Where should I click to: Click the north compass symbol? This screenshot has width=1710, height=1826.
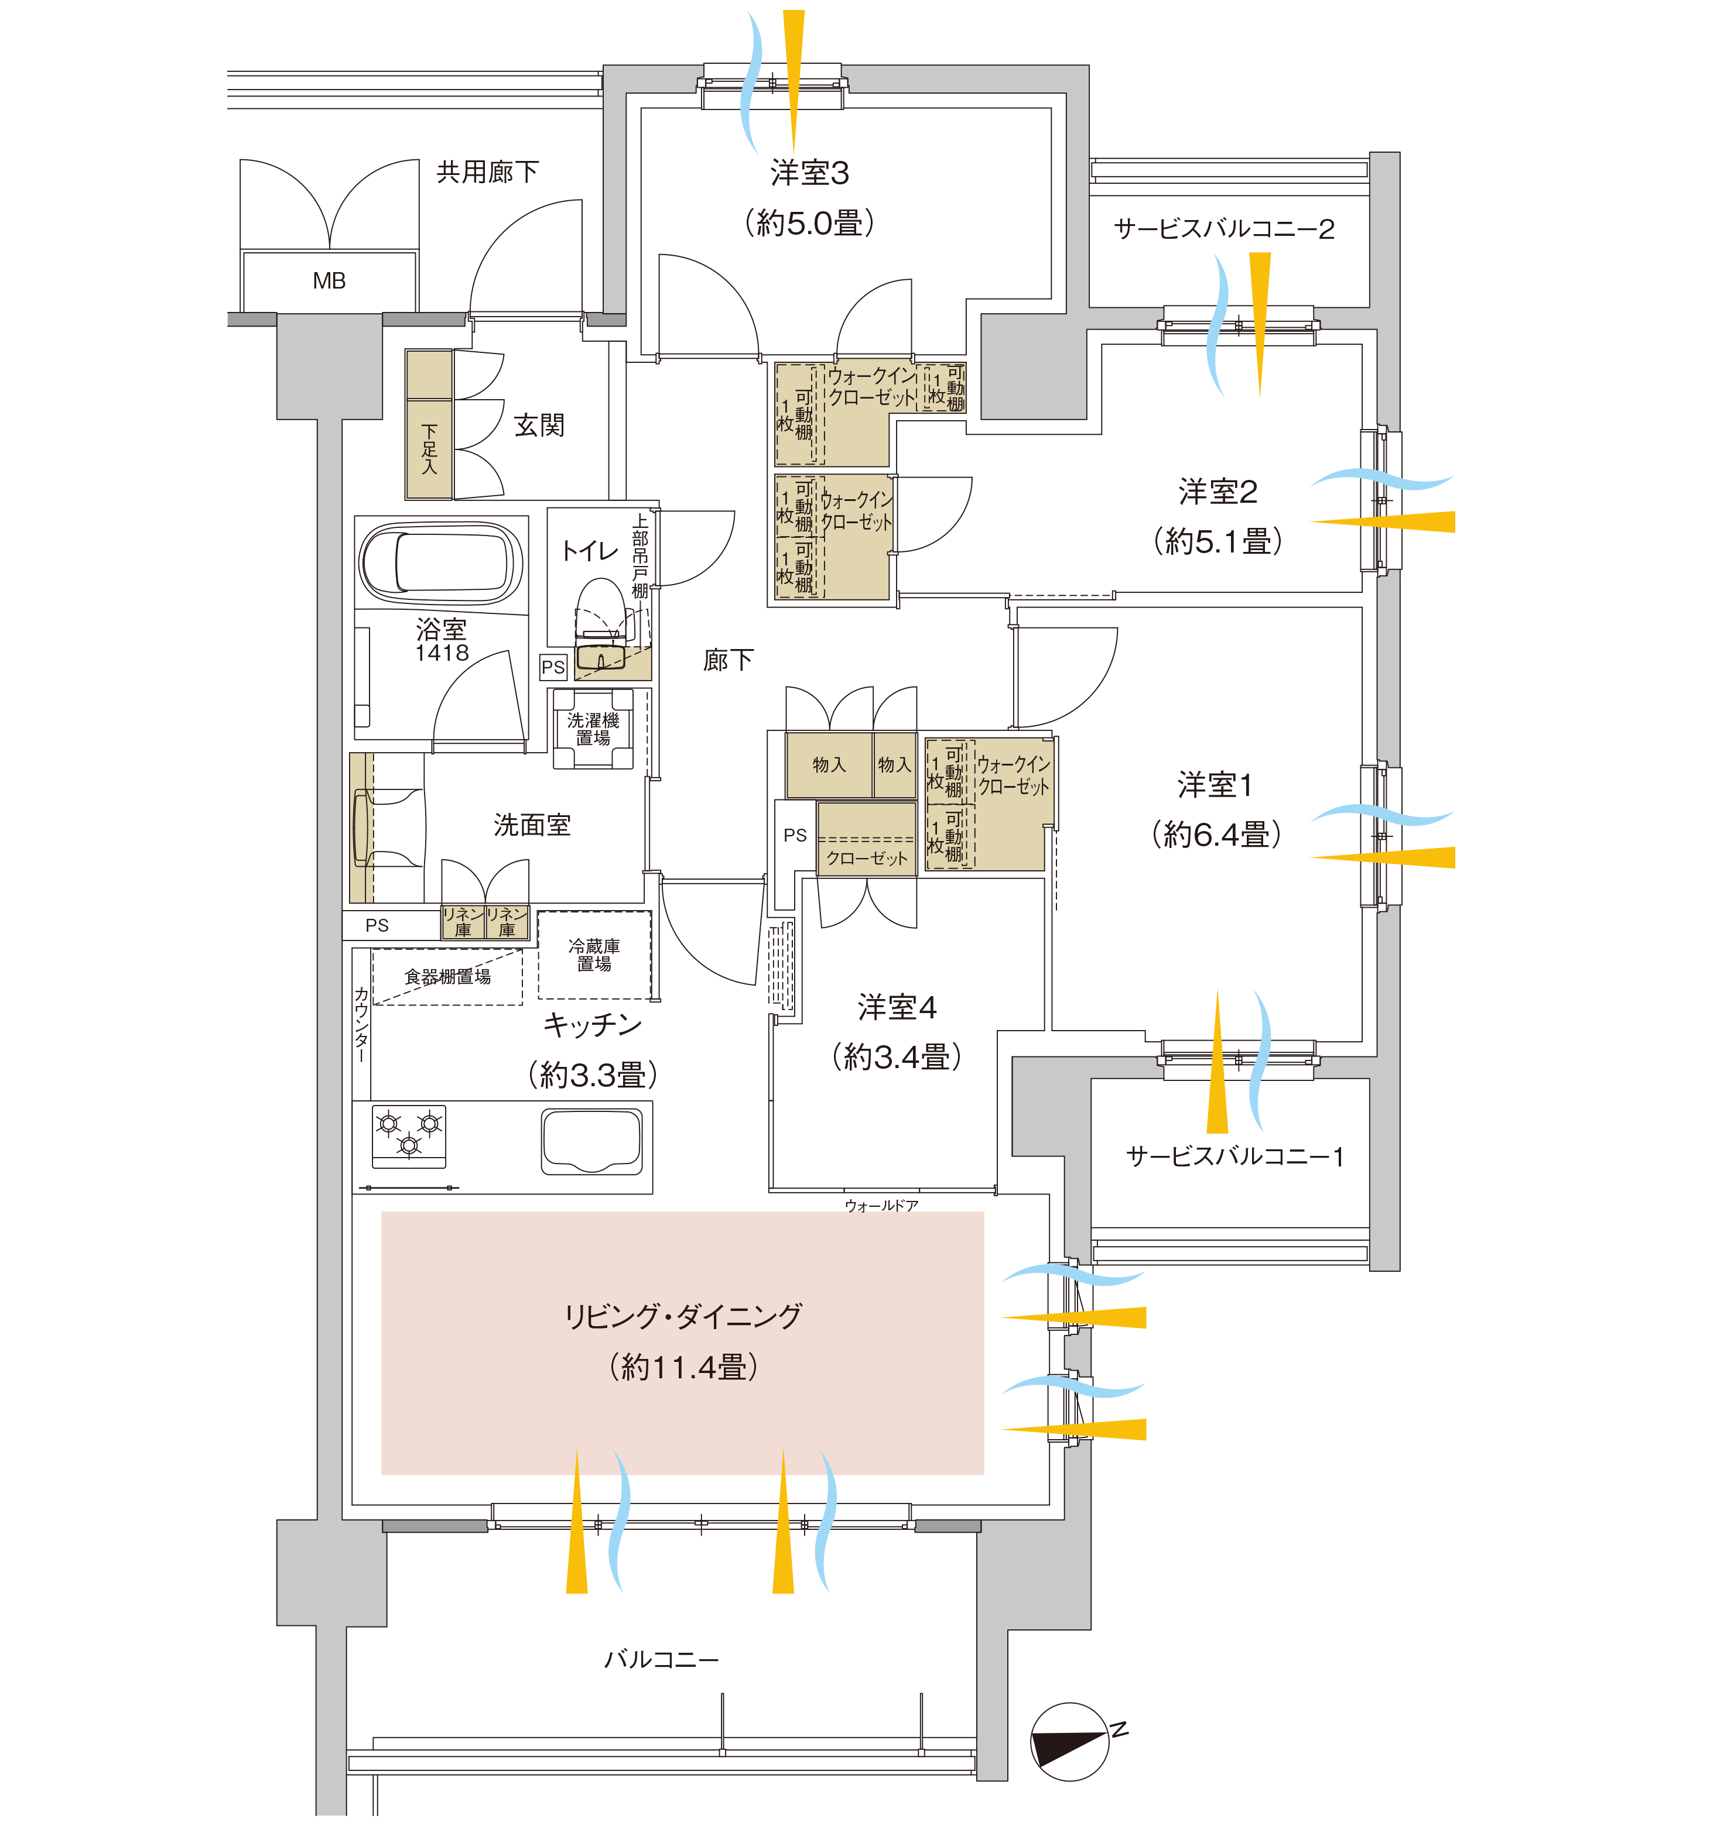[1071, 1742]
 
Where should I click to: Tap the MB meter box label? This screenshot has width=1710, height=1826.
[329, 281]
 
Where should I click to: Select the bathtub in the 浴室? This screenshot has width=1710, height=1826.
[441, 562]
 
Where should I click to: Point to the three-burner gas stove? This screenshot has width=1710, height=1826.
[409, 1136]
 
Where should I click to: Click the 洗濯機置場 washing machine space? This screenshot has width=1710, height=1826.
[593, 729]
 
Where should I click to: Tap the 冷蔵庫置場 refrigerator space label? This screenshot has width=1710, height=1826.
[594, 955]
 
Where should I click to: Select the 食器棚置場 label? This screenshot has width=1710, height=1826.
[447, 976]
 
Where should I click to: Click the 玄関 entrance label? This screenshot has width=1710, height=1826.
[539, 425]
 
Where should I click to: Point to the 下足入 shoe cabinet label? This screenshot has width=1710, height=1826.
[429, 449]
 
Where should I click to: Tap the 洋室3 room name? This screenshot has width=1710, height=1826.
[809, 173]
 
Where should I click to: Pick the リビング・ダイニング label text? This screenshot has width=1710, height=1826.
[683, 1316]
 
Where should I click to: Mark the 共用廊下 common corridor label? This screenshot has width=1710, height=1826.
[487, 171]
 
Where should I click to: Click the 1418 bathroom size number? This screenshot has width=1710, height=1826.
[442, 653]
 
